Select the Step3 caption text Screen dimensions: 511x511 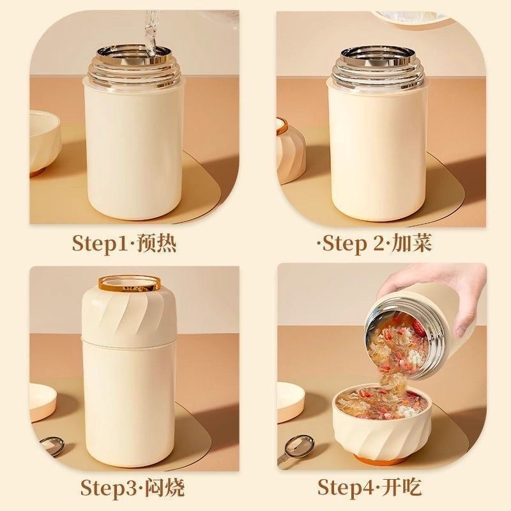132,489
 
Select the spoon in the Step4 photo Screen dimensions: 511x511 298,447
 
